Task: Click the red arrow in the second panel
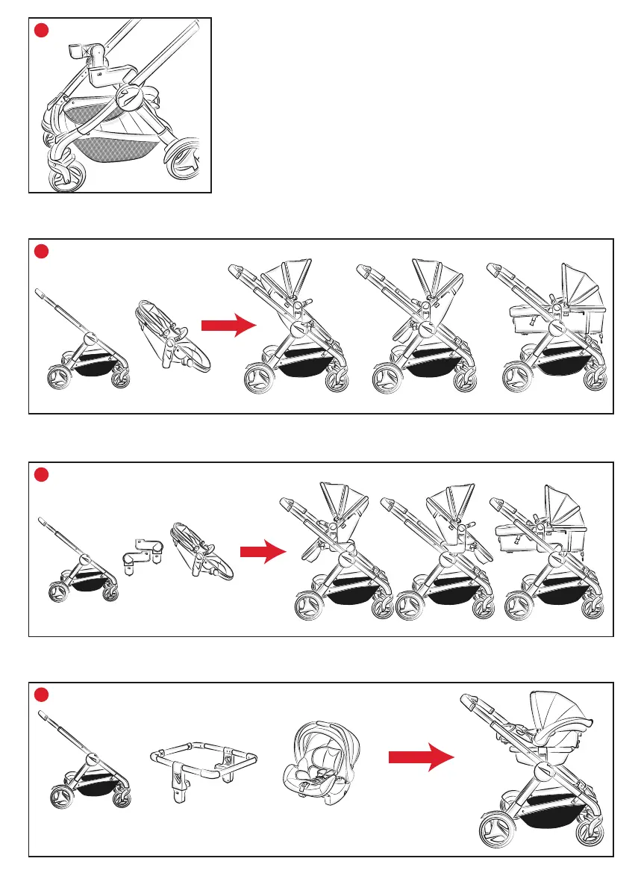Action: coord(228,326)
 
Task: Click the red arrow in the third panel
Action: coord(263,552)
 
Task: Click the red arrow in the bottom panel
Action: coord(421,759)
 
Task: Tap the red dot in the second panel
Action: coord(43,252)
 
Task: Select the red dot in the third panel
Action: coord(43,475)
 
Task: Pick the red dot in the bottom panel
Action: coord(43,695)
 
